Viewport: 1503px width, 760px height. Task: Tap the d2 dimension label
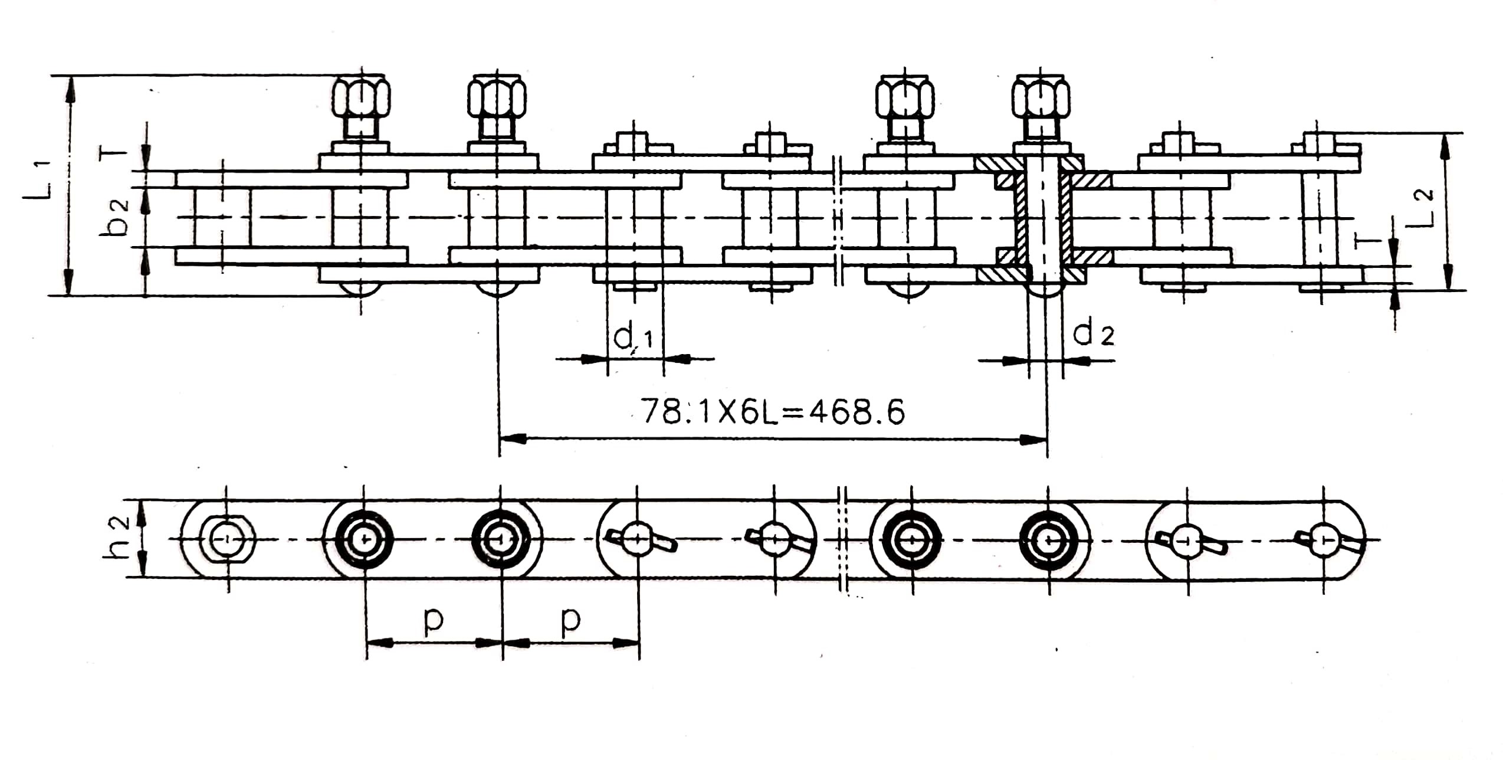(x=1094, y=334)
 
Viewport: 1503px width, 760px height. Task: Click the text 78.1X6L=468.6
(x=773, y=412)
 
